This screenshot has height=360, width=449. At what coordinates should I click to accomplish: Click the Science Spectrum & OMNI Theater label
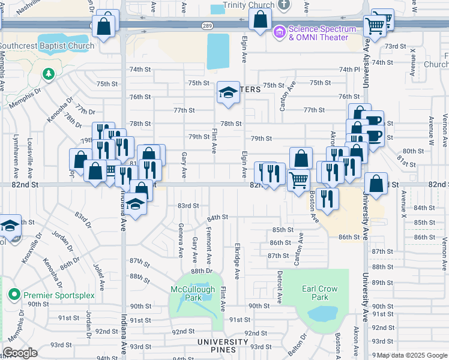(x=318, y=33)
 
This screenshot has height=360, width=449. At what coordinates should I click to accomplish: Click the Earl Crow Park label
(x=315, y=292)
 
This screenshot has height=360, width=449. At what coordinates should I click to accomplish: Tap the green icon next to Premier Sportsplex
(x=14, y=295)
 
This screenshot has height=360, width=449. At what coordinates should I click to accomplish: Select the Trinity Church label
(x=249, y=5)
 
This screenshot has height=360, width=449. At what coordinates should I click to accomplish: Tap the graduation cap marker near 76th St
(x=228, y=93)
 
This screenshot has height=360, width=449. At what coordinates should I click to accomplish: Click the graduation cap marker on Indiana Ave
(x=136, y=205)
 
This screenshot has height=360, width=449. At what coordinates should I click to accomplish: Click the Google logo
(x=20, y=353)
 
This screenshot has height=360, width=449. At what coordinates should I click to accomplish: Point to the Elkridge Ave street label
(x=237, y=261)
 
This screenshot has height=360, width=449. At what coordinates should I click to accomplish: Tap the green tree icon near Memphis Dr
(x=47, y=74)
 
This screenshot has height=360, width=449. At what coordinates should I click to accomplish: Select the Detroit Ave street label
(x=280, y=286)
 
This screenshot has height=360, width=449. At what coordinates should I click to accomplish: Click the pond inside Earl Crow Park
(x=322, y=313)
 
